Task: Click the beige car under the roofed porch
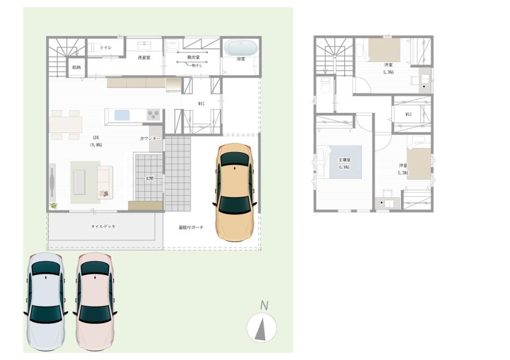tap(236, 192)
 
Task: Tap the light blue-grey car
tap(45, 301)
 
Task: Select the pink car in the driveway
tap(94, 301)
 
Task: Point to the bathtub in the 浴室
tap(241, 48)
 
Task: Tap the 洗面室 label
tap(144, 58)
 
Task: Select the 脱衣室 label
tap(193, 58)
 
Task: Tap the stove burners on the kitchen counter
tap(153, 114)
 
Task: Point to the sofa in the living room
tap(104, 182)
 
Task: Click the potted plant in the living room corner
tap(53, 206)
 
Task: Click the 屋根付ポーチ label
tap(191, 228)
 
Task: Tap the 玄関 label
tap(149, 178)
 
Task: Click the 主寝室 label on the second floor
tap(344, 163)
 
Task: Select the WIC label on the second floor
tap(409, 114)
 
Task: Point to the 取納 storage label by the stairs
tap(76, 67)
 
